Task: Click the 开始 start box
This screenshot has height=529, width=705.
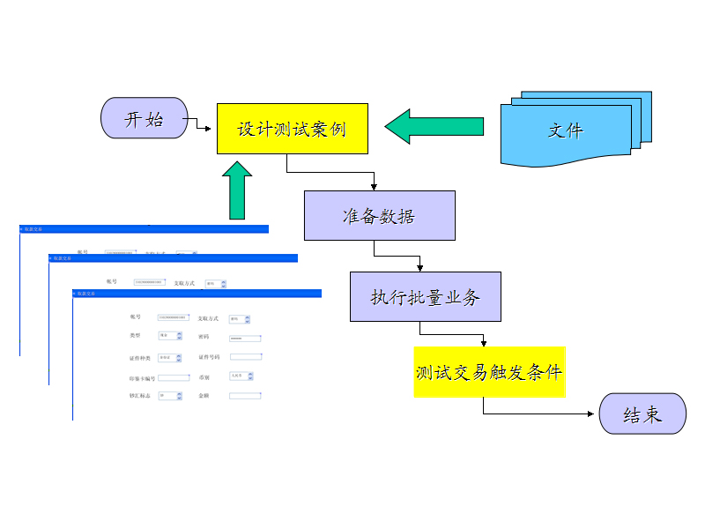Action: point(145,118)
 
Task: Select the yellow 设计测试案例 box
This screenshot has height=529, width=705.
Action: point(292,129)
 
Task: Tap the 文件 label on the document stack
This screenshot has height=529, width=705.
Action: point(566,130)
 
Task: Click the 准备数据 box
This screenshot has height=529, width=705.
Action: point(379,216)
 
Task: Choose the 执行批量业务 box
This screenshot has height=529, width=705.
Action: point(426,297)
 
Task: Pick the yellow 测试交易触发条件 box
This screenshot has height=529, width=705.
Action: point(489,371)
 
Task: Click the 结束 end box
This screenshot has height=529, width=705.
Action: point(642,414)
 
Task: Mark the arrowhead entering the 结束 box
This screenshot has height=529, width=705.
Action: point(594,414)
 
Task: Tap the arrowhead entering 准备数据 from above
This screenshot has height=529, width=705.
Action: point(375,186)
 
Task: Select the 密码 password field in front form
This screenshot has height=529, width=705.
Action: point(245,338)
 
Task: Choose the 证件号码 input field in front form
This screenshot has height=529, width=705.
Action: point(245,357)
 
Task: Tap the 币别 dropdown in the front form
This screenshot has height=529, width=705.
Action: point(241,376)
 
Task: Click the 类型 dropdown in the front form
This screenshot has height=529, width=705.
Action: point(169,336)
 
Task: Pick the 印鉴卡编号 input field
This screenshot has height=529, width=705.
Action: point(174,377)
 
